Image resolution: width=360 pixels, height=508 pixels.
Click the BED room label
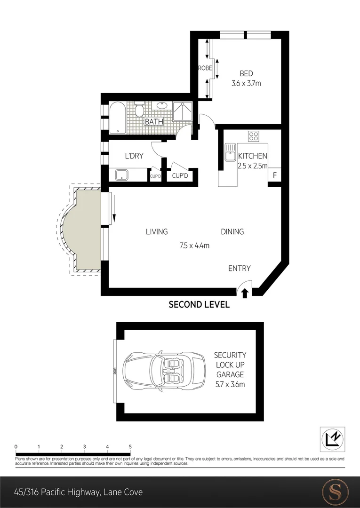(x=246, y=73)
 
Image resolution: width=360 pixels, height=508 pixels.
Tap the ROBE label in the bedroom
(x=205, y=68)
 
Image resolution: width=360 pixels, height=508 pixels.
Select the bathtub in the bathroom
(x=117, y=118)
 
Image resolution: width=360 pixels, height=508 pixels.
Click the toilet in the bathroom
(x=139, y=111)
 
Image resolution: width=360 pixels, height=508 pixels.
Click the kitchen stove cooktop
(x=254, y=136)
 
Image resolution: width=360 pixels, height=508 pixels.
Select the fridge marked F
(x=274, y=175)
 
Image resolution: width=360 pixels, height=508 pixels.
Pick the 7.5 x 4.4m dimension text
(x=194, y=245)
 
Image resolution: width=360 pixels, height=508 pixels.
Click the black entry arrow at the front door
(x=245, y=294)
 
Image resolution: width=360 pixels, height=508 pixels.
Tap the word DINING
(x=232, y=231)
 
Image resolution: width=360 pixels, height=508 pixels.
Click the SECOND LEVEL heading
(x=199, y=305)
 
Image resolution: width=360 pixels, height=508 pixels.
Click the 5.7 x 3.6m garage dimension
(x=230, y=384)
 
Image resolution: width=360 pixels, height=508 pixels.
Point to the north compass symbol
(x=332, y=438)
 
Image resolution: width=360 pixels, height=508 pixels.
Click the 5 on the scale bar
(x=130, y=447)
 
